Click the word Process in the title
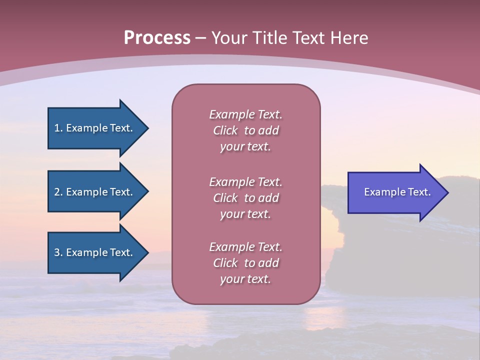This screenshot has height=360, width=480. tap(157, 37)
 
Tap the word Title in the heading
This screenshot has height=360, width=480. tap(269, 37)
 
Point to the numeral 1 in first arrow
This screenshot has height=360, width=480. tap(57, 128)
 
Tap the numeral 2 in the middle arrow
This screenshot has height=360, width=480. tap(57, 192)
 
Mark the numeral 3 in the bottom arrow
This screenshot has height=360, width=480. tap(57, 252)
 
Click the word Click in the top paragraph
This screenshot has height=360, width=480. tap(225, 130)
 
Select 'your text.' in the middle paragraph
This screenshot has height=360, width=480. tap(245, 214)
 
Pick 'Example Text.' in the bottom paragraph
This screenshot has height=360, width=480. tap(245, 247)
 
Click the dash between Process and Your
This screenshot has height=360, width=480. tap(200, 38)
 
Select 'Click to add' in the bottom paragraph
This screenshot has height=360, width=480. tap(245, 263)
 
